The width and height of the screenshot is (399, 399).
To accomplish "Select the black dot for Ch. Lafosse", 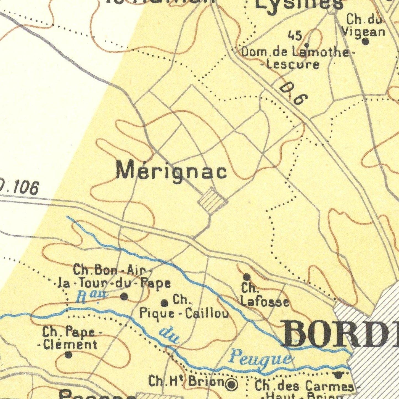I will tap(247, 277).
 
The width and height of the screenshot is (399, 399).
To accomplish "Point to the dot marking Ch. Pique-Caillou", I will tap(165, 303).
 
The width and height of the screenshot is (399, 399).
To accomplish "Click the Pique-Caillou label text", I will tap(184, 314).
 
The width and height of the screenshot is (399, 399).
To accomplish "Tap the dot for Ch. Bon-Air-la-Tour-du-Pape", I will tap(124, 297).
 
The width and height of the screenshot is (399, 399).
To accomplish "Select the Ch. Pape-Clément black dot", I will tap(68, 355).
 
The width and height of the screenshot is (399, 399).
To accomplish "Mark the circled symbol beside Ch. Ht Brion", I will tap(231, 384).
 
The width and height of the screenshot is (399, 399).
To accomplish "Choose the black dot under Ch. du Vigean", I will tap(365, 42).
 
